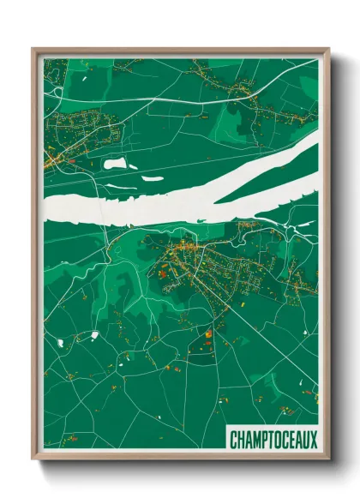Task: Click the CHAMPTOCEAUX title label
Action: click(273, 440)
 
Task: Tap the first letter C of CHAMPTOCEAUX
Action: click(234, 440)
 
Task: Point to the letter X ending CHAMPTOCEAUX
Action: click(313, 440)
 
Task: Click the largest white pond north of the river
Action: click(114, 162)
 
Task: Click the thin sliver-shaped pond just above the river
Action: click(152, 178)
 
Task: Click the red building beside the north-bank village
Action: click(72, 160)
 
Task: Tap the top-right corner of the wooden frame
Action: click(327, 50)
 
